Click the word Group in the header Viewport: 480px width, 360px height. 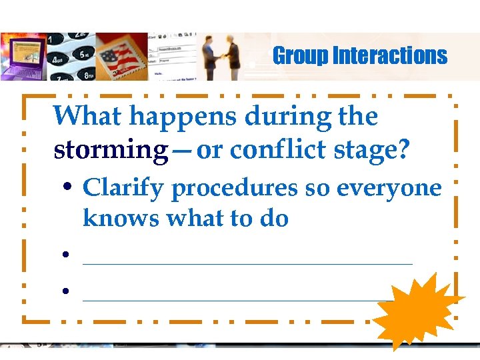click(299, 56)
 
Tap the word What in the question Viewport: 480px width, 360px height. click(87, 117)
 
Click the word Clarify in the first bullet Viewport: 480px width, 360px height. click(123, 189)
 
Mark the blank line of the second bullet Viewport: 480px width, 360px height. click(247, 263)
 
